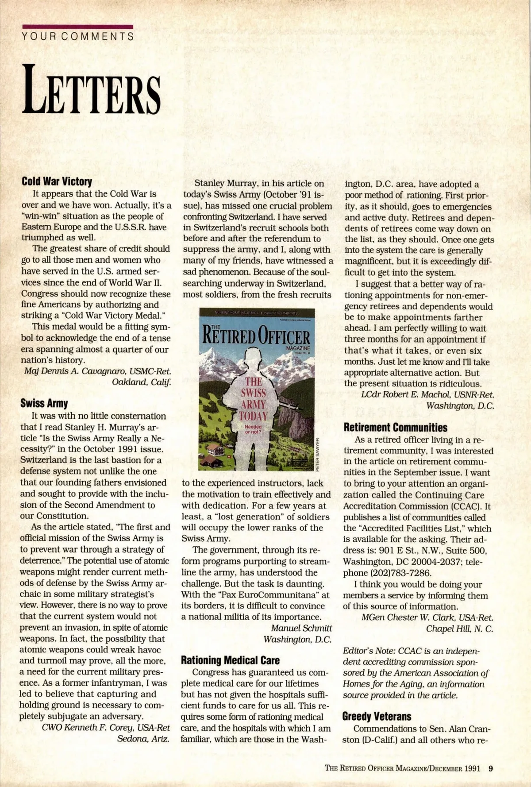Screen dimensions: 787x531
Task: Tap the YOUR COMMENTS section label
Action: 78,37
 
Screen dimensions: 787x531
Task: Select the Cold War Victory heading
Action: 57,181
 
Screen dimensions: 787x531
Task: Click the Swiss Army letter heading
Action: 44,403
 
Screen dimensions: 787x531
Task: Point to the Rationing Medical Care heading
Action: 230,660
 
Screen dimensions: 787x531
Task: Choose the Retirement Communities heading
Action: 395,428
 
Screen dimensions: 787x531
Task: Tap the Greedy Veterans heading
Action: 377,716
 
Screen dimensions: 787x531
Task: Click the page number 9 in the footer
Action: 490,768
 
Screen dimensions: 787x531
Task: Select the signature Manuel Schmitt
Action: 301,628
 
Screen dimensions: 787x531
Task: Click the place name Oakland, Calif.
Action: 141,382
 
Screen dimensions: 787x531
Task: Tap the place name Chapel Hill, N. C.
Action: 459,629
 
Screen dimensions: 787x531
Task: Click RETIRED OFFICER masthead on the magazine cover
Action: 256,337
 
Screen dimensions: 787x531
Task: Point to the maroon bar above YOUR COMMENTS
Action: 77,27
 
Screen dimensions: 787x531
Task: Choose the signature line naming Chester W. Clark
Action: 427,617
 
